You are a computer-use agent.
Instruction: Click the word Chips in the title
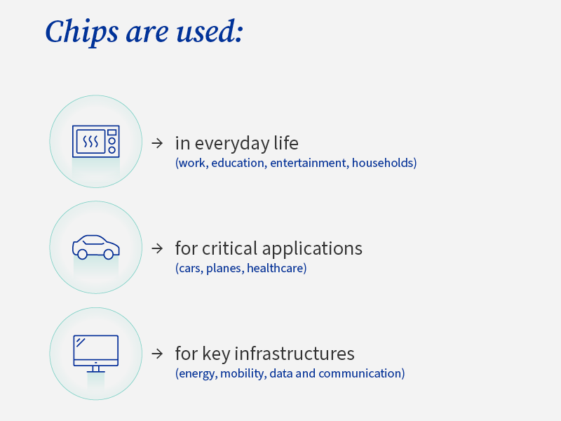(81, 32)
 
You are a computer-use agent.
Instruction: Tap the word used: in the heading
(210, 32)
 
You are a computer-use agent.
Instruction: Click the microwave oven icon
(96, 142)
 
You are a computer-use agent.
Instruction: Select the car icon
(96, 247)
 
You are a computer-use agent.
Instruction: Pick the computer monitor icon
(96, 354)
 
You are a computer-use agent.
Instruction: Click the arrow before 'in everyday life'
(157, 143)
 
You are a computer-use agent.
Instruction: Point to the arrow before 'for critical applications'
(157, 248)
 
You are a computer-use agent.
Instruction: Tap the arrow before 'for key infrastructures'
(157, 354)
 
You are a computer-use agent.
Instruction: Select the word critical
(229, 248)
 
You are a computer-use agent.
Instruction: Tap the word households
(382, 163)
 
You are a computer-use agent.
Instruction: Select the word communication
(360, 373)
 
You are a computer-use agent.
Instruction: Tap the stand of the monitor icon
(96, 369)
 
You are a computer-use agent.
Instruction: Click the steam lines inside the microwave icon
(90, 142)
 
